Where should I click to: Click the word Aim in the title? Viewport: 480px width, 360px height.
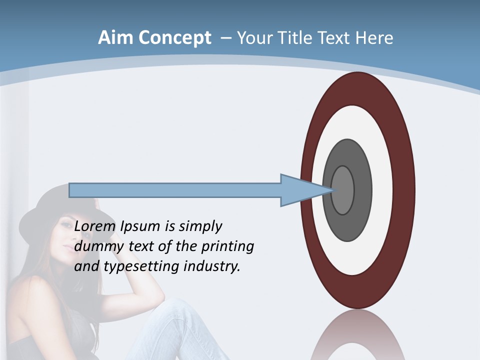116,38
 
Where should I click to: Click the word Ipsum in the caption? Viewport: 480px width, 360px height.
141,226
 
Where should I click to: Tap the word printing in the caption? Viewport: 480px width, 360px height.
227,246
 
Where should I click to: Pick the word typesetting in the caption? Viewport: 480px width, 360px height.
142,266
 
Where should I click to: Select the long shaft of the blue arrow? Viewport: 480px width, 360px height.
175,190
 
